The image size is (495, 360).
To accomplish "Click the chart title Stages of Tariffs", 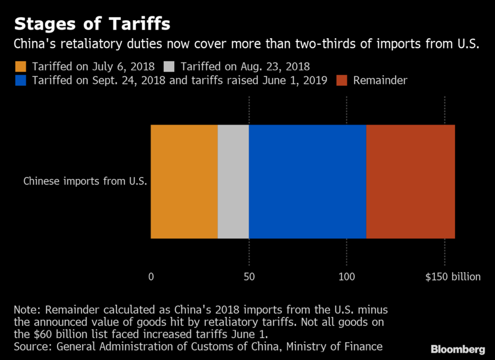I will pyautogui.click(x=92, y=24).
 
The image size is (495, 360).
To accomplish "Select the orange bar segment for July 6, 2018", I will pyautogui.click(x=184, y=181).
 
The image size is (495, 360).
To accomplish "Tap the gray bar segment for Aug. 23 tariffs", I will pyautogui.click(x=233, y=181).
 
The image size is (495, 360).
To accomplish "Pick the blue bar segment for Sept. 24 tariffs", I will pyautogui.click(x=307, y=181).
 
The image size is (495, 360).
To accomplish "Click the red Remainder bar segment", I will pyautogui.click(x=410, y=181).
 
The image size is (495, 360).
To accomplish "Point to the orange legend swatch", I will pyautogui.click(x=20, y=66).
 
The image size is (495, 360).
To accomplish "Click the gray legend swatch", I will pyautogui.click(x=169, y=66).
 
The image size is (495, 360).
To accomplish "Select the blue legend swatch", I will pyautogui.click(x=20, y=80).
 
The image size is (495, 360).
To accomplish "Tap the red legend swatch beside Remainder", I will pyautogui.click(x=342, y=80).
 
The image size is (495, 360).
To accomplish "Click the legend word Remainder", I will pyautogui.click(x=380, y=80).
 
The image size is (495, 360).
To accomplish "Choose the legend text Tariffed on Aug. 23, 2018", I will pyautogui.click(x=245, y=66).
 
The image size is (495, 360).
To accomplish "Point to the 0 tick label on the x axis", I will pyautogui.click(x=151, y=277).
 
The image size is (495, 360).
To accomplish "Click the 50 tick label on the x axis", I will pyautogui.click(x=249, y=277).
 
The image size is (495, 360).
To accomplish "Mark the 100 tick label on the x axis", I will pyautogui.click(x=347, y=277).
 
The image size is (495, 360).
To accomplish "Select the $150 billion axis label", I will pyautogui.click(x=453, y=277).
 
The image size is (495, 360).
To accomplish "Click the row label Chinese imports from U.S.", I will pyautogui.click(x=85, y=181).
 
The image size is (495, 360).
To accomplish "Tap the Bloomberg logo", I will pyautogui.click(x=457, y=349).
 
